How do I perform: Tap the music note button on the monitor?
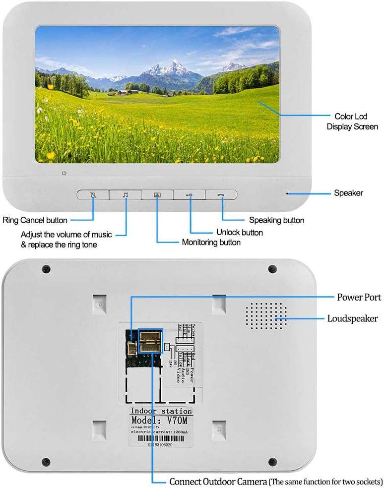[125, 195]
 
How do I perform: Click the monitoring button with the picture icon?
[157, 195]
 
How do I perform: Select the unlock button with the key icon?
[190, 195]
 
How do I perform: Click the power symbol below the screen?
[64, 173]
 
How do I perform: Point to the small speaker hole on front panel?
[287, 193]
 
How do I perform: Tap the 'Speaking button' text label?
[276, 220]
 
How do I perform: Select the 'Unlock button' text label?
[239, 232]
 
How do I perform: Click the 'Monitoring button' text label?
[211, 243]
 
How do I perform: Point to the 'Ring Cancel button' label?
[35, 220]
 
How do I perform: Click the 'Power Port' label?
[359, 297]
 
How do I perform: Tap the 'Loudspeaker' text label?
[352, 318]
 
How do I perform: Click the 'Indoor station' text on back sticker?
[161, 411]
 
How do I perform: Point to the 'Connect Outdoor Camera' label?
[218, 482]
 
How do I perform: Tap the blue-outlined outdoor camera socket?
[150, 341]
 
